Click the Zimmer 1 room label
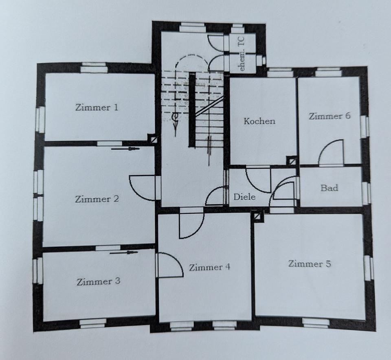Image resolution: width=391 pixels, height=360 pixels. pyautogui.click(x=97, y=108)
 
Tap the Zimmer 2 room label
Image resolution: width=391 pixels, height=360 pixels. pyautogui.click(x=97, y=199)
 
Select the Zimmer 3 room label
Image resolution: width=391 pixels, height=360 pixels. pyautogui.click(x=98, y=281)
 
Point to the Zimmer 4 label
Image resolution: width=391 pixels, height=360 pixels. pyautogui.click(x=209, y=267)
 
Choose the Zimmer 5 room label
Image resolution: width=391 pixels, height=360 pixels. pyautogui.click(x=310, y=264)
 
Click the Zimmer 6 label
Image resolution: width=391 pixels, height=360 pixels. pyautogui.click(x=329, y=116)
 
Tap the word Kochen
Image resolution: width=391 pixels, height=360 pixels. pyautogui.click(x=259, y=121)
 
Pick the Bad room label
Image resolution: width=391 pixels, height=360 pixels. pyautogui.click(x=329, y=188)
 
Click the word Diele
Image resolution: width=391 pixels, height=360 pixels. pyautogui.click(x=244, y=197)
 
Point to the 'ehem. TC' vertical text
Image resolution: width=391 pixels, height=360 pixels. pyautogui.click(x=242, y=59)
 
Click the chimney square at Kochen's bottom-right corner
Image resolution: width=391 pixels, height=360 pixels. pyautogui.click(x=292, y=161)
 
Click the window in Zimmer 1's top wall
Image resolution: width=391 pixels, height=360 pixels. pyautogui.click(x=94, y=67)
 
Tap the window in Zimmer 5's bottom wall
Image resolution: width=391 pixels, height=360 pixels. pyautogui.click(x=316, y=323)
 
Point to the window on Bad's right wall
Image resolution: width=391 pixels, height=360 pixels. pyautogui.click(x=366, y=193)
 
